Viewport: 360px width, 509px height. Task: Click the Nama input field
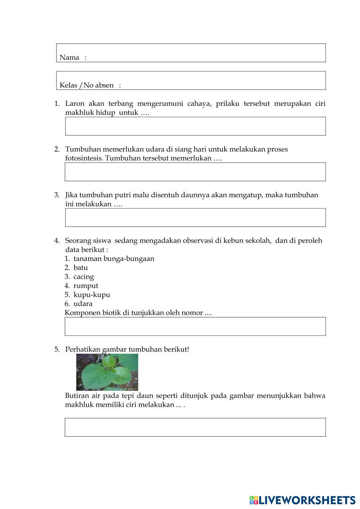pyautogui.click(x=205, y=53)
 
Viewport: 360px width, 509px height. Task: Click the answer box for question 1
pyautogui.click(x=195, y=126)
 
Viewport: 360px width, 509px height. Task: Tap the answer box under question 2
pyautogui.click(x=195, y=172)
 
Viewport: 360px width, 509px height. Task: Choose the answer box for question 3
pyautogui.click(x=195, y=217)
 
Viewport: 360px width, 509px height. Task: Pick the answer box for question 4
pyautogui.click(x=195, y=326)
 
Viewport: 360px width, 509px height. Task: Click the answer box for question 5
pyautogui.click(x=195, y=427)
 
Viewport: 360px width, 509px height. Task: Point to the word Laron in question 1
pyautogui.click(x=75, y=104)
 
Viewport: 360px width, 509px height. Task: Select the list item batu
pyautogui.click(x=81, y=268)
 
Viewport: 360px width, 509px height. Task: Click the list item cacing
pyautogui.click(x=84, y=277)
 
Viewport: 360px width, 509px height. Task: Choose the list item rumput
pyautogui.click(x=86, y=286)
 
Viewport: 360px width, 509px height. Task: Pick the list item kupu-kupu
pyautogui.click(x=92, y=295)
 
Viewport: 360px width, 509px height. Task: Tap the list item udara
pyautogui.click(x=83, y=304)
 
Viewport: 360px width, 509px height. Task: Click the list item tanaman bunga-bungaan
pyautogui.click(x=114, y=259)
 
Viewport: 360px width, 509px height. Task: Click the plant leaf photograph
pyautogui.click(x=107, y=372)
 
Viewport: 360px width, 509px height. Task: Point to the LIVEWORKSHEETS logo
pyautogui.click(x=302, y=500)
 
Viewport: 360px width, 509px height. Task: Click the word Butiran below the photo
pyautogui.click(x=77, y=396)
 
